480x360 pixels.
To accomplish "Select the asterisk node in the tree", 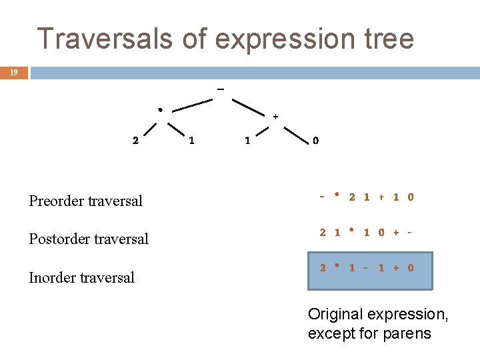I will click(160, 110).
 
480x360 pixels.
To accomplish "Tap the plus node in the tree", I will click(275, 117).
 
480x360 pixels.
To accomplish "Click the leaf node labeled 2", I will click(136, 141).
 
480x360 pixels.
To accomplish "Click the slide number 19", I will click(13, 73).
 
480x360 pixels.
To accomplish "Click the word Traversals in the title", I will click(106, 39).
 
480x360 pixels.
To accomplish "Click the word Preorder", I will click(57, 201).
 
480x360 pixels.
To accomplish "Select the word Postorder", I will click(60, 239).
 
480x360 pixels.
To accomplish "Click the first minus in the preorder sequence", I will click(322, 197).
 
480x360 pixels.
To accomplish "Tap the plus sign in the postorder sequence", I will click(397, 233).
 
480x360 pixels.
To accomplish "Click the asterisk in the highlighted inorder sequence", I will click(337, 267).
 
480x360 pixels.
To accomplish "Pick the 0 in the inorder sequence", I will click(411, 268).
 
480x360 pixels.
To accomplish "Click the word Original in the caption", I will click(333, 314).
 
